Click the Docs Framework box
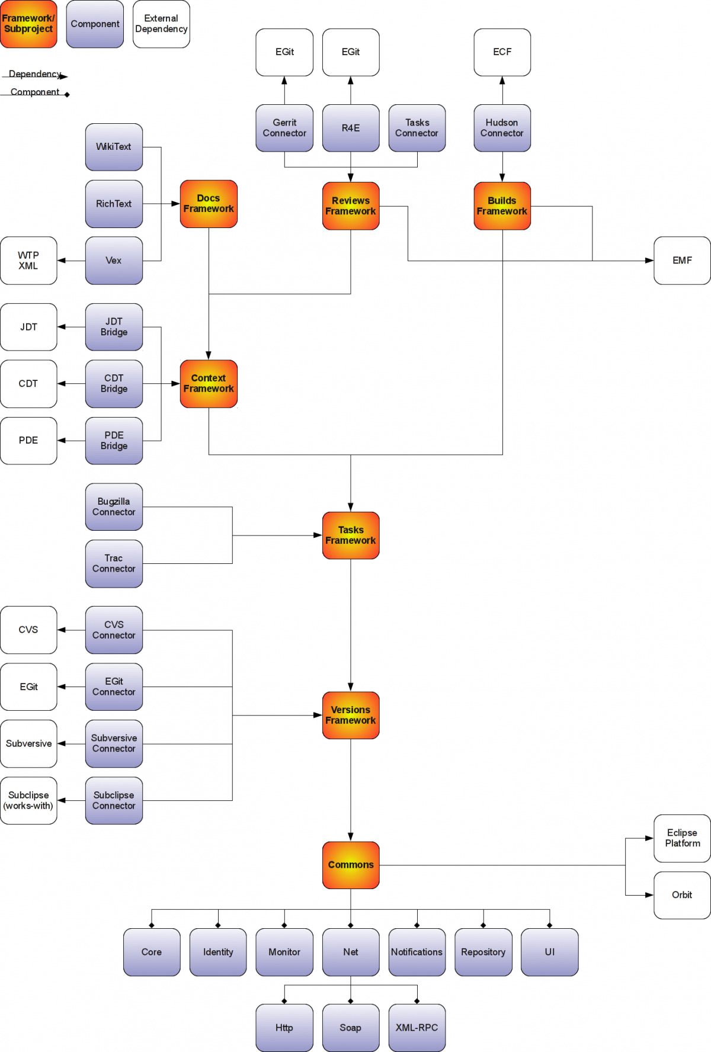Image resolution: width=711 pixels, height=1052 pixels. click(x=209, y=204)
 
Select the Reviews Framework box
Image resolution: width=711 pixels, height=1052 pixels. click(x=351, y=206)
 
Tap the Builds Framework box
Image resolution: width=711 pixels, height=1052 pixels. click(x=502, y=206)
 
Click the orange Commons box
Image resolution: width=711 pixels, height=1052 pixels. click(x=351, y=865)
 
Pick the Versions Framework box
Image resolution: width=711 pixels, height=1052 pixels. click(x=351, y=715)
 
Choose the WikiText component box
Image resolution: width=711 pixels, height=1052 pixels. click(x=114, y=147)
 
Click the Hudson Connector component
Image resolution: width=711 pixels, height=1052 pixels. click(x=502, y=128)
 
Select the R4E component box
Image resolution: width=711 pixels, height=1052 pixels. click(x=351, y=128)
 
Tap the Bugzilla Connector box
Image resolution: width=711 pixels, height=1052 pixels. click(x=114, y=506)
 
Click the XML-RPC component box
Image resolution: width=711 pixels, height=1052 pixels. click(x=417, y=1028)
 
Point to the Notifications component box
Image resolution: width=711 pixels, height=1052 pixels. click(x=417, y=952)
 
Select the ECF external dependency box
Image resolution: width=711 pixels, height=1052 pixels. click(x=502, y=52)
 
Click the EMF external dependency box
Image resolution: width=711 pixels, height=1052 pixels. click(x=682, y=261)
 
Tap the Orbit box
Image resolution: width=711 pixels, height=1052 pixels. click(x=682, y=895)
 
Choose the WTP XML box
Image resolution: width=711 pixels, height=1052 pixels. click(x=28, y=261)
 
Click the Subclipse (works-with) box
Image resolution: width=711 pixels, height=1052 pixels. click(x=28, y=800)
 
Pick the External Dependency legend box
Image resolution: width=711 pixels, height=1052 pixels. click(x=161, y=24)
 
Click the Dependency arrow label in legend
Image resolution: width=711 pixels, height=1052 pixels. click(x=34, y=74)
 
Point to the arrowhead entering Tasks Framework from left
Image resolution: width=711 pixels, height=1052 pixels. click(x=318, y=535)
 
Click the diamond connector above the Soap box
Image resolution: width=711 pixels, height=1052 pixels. click(x=351, y=1001)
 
